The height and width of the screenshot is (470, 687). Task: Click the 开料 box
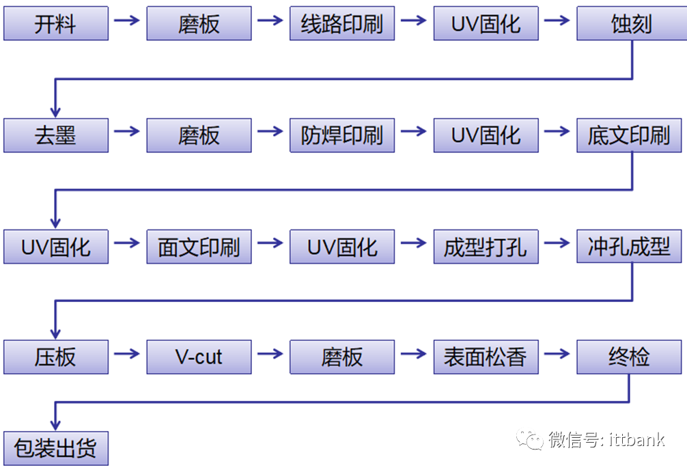(x=55, y=24)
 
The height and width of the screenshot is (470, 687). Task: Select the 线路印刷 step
(x=342, y=24)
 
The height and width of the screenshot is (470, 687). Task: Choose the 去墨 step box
(x=55, y=135)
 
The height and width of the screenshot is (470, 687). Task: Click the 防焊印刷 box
(x=342, y=135)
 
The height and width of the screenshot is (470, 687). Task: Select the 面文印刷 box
(x=199, y=247)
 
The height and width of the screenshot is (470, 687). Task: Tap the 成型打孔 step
(x=486, y=247)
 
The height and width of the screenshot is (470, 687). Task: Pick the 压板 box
(x=55, y=357)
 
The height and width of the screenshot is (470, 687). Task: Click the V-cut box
(x=199, y=357)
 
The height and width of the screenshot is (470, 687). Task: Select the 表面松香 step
(x=486, y=357)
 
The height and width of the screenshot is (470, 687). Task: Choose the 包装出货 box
(x=55, y=448)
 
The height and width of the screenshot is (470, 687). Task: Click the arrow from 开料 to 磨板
(x=127, y=20)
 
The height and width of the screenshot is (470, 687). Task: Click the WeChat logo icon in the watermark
(x=530, y=439)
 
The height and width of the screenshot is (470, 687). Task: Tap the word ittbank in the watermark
(x=636, y=439)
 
